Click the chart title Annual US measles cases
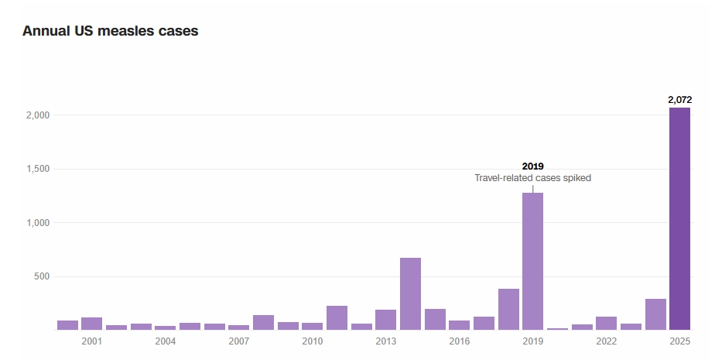click(x=111, y=32)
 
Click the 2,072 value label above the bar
click(x=679, y=100)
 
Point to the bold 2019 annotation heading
click(x=532, y=166)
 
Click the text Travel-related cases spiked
click(x=532, y=178)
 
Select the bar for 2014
click(x=410, y=293)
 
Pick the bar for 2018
click(x=508, y=309)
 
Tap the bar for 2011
click(x=337, y=317)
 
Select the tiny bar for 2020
click(x=557, y=328)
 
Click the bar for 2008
click(x=263, y=322)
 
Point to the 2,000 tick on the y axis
click(x=39, y=115)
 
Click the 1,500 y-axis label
click(x=39, y=169)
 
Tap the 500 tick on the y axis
click(x=43, y=277)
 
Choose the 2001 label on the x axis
click(x=91, y=341)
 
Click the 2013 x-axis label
click(x=385, y=341)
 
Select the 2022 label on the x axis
click(x=606, y=341)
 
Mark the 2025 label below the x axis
click(x=679, y=341)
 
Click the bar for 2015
click(x=435, y=319)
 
